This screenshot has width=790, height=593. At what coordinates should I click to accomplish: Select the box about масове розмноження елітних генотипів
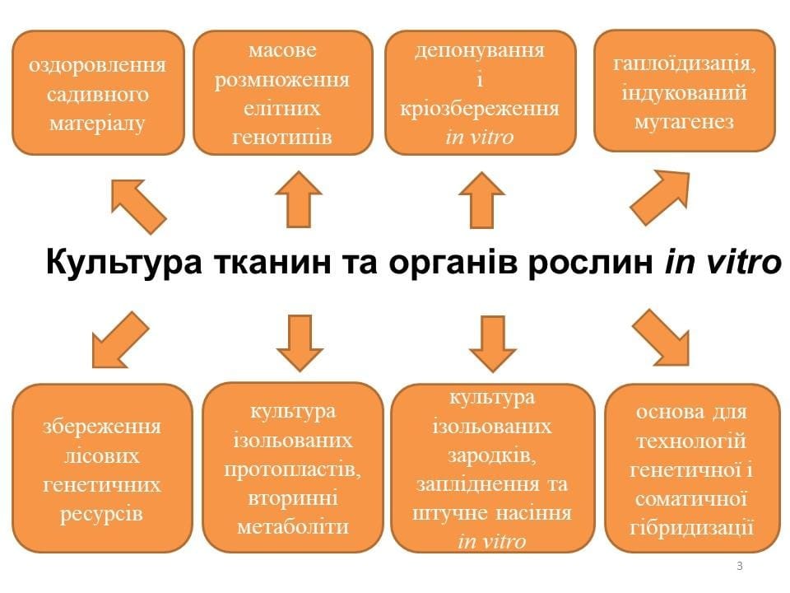[282, 93]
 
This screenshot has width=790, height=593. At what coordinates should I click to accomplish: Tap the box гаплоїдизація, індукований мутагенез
[685, 91]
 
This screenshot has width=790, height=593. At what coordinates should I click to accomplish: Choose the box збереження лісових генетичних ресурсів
[102, 468]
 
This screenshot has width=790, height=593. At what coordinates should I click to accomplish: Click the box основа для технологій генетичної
[692, 468]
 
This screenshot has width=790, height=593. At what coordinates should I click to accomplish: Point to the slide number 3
[740, 566]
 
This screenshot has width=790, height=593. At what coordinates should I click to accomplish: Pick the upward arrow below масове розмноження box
[297, 198]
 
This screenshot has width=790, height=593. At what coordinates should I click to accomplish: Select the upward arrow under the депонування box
[481, 198]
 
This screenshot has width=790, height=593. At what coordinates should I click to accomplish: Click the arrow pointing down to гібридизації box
[663, 338]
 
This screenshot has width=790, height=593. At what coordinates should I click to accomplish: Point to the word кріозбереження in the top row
[480, 108]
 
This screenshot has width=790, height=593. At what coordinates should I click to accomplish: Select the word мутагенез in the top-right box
[684, 121]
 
